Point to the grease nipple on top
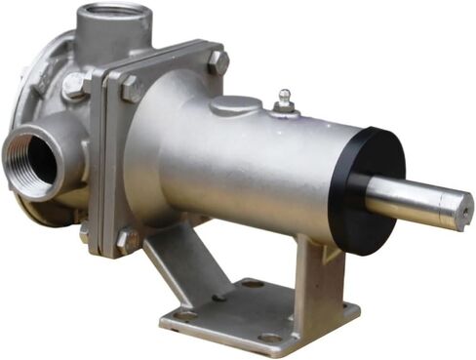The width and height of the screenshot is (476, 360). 284,100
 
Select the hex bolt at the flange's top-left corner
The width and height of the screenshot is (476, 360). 130,90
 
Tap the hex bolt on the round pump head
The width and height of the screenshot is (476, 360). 72,86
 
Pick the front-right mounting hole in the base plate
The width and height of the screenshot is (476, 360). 270,338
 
